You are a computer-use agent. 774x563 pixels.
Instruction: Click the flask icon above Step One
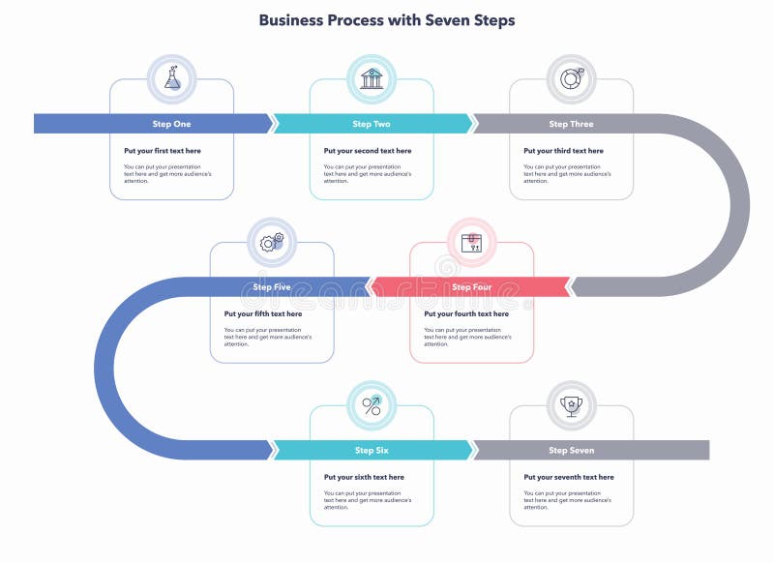172,78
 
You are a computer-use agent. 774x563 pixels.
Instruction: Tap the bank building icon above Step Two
372,78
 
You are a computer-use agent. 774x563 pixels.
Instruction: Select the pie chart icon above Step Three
571,78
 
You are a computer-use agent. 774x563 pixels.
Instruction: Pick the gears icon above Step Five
272,242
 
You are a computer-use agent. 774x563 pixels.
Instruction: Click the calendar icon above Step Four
472,242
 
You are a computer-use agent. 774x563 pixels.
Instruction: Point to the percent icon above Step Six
372,405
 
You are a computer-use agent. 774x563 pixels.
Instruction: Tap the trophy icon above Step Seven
571,405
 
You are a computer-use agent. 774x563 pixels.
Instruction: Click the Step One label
171,124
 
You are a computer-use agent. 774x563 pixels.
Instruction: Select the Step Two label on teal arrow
372,124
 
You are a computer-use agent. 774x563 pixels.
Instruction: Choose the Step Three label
571,124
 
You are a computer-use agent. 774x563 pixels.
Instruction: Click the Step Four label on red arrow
471,287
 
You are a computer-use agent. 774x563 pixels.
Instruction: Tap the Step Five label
272,287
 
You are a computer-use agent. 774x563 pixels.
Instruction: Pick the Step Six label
372,451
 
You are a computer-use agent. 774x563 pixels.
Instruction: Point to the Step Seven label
571,451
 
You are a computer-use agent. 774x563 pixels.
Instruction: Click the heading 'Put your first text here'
163,151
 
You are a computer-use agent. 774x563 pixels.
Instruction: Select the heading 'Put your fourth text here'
466,314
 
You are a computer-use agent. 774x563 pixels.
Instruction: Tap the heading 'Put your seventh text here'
569,478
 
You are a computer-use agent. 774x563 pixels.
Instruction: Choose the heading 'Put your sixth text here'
365,478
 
